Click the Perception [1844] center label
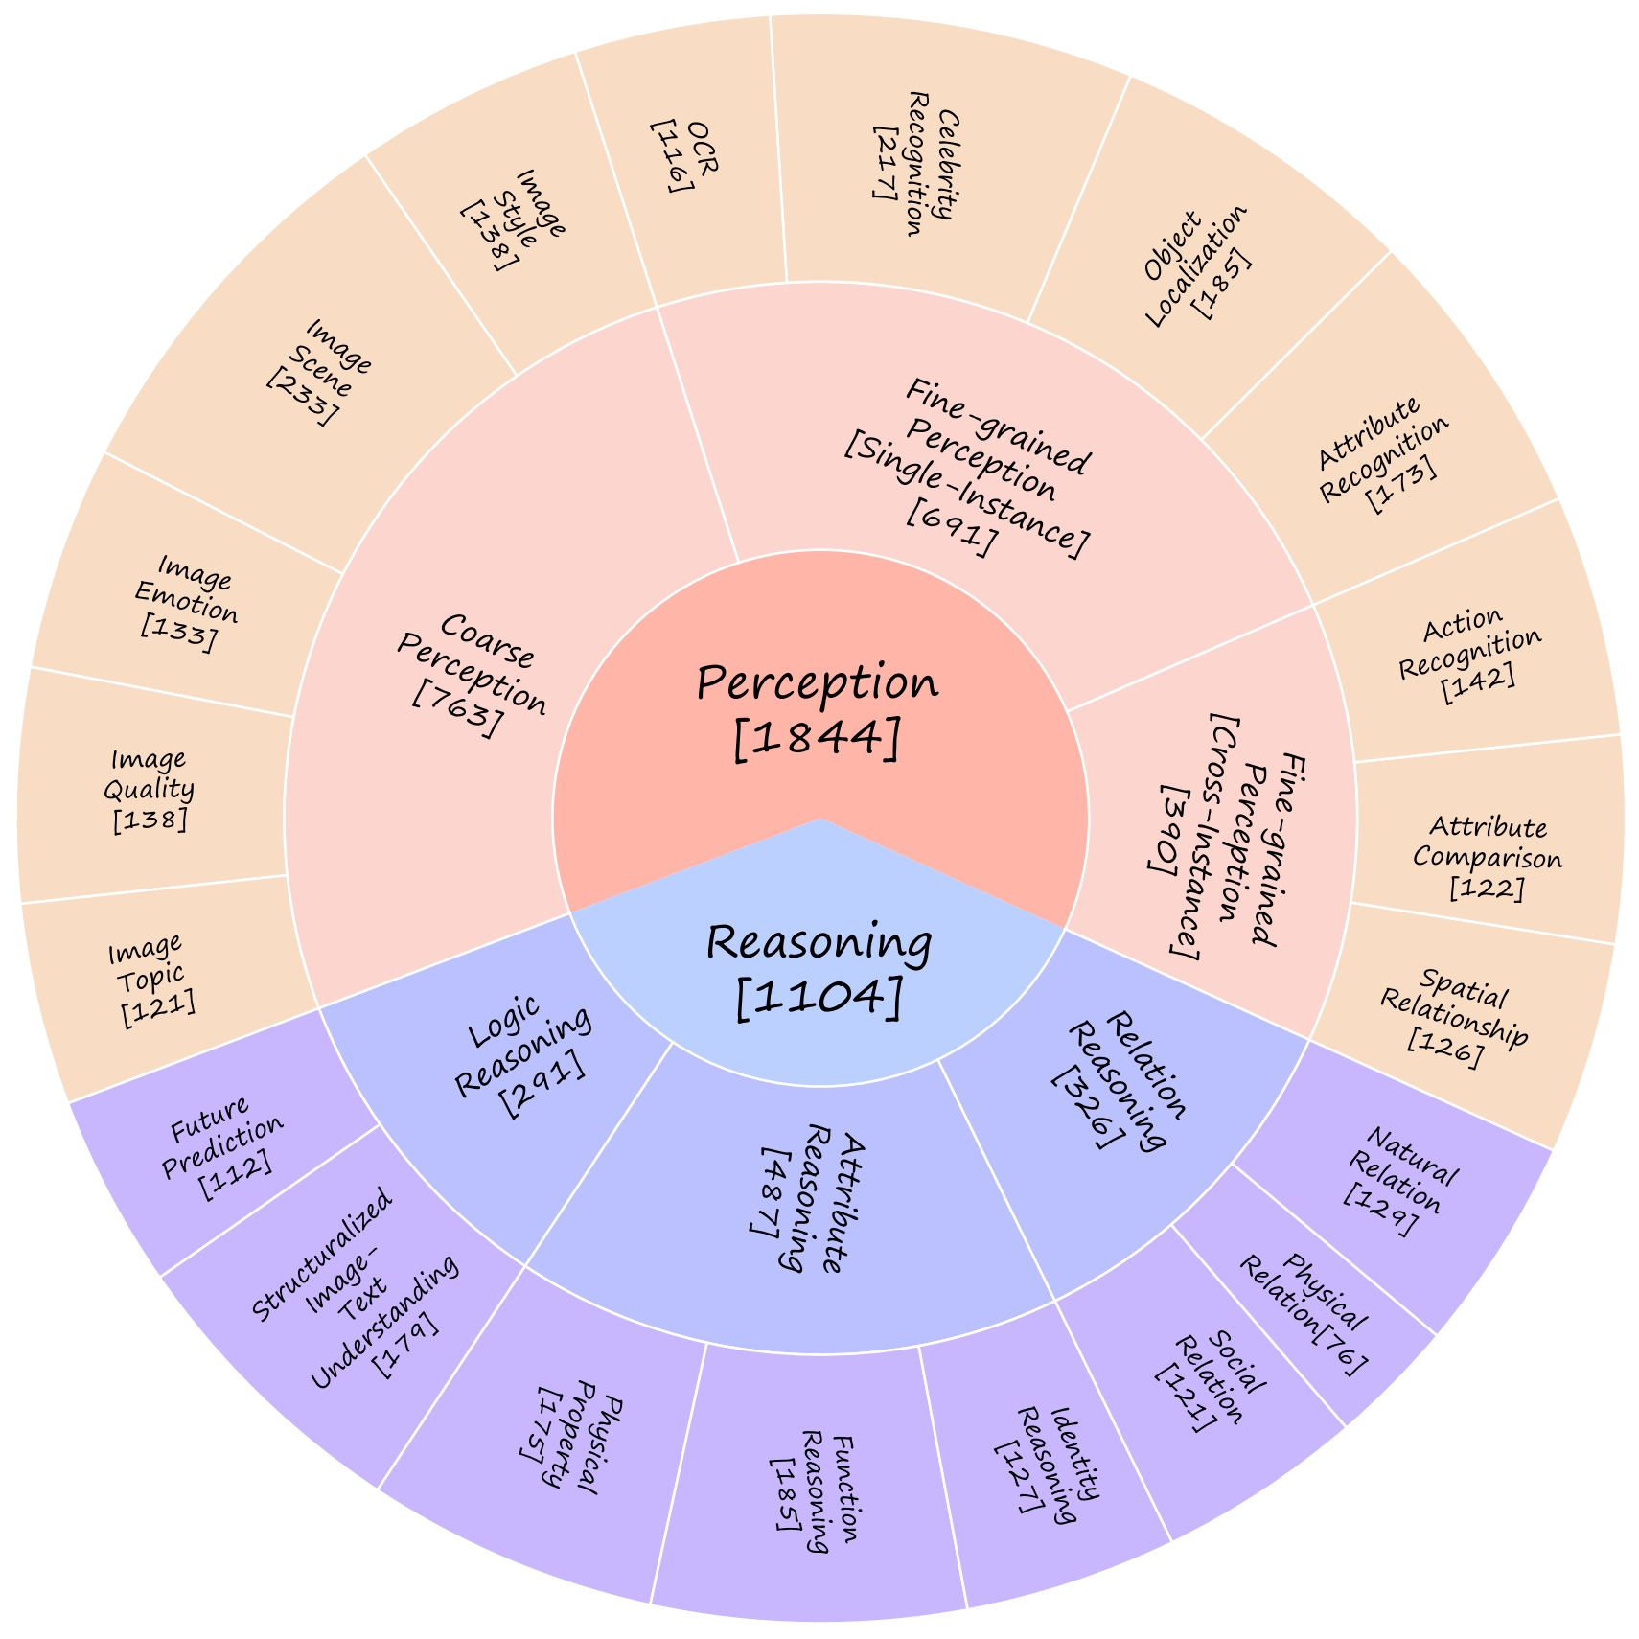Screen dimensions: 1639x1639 point(818,709)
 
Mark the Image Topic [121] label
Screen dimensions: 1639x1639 point(151,976)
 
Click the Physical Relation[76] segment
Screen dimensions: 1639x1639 point(1304,1312)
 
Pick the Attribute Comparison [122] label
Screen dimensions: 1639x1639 point(1487,858)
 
